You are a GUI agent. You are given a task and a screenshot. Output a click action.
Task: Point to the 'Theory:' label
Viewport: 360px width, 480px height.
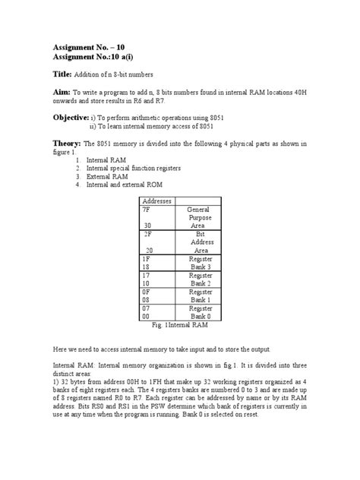pyautogui.click(x=66, y=143)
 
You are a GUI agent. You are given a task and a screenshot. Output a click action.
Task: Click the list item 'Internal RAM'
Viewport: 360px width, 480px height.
pyautogui.click(x=107, y=160)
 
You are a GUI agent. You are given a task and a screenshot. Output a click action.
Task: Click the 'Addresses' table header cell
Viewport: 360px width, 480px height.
pyautogui.click(x=157, y=201)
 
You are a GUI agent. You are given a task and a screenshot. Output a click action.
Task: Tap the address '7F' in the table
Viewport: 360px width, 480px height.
pyautogui.click(x=147, y=209)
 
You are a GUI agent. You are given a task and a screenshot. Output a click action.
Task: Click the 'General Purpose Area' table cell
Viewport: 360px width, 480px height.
pyautogui.click(x=200, y=217)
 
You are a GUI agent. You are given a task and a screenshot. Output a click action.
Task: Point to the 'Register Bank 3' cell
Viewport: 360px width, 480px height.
pyautogui.click(x=200, y=264)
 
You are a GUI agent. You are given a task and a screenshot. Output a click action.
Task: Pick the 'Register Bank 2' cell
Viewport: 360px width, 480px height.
pyautogui.click(x=200, y=280)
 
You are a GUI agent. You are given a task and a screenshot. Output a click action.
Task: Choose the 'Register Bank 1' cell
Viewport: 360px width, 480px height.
pyautogui.click(x=200, y=296)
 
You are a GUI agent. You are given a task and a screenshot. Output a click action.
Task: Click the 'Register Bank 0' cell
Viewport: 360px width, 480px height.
pyautogui.click(x=200, y=313)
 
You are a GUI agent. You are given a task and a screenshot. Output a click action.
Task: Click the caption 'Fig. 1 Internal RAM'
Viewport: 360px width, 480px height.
pyautogui.click(x=179, y=326)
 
